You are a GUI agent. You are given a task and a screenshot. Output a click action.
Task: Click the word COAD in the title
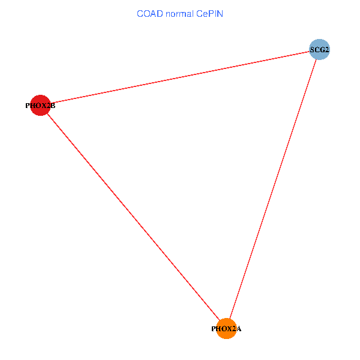150,14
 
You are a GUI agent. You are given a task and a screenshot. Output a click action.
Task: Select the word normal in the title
180,14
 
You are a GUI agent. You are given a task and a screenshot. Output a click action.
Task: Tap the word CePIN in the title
209,14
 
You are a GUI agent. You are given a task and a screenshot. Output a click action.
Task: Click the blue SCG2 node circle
319,49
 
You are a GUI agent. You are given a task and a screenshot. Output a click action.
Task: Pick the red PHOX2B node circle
40,106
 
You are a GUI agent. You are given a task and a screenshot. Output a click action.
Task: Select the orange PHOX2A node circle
226,329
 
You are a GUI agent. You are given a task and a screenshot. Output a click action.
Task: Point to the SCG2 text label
319,50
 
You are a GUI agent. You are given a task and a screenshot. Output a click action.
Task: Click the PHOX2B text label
40,106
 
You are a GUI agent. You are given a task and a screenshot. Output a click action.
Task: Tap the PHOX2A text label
226,329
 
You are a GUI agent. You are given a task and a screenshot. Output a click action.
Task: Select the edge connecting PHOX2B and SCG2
180,77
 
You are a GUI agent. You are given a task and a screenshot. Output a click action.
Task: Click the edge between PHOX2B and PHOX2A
133,217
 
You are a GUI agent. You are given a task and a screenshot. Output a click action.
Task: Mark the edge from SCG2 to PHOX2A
273,189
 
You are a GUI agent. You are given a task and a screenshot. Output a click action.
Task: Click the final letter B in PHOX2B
53,106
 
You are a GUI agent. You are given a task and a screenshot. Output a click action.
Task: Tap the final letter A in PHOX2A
239,329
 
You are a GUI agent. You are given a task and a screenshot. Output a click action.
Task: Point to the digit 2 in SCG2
327,50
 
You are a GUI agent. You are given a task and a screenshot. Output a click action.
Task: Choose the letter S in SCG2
312,50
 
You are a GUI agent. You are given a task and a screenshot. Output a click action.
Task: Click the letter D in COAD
160,14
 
